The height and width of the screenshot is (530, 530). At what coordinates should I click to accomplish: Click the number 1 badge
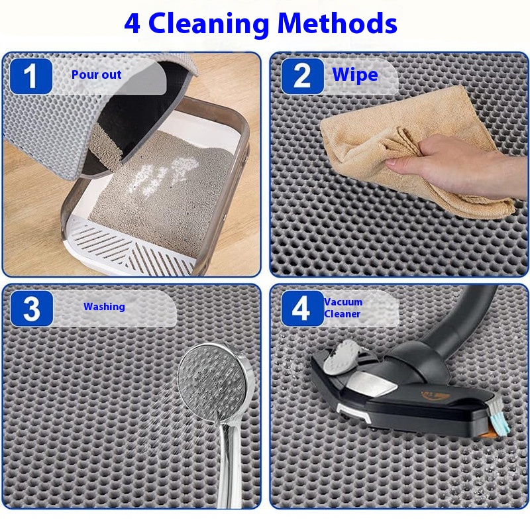click(x=30, y=76)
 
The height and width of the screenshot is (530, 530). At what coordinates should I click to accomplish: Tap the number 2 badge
click(x=302, y=76)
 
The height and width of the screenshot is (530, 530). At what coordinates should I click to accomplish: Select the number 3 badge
click(x=31, y=308)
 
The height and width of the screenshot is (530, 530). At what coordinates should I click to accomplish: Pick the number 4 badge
click(x=302, y=308)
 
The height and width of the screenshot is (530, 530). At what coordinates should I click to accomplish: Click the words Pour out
click(x=96, y=74)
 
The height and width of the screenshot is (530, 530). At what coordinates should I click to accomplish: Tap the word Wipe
click(x=355, y=75)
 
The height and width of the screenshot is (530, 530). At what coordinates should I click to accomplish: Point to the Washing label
click(x=104, y=307)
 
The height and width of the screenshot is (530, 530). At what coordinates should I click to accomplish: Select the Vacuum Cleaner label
click(x=343, y=307)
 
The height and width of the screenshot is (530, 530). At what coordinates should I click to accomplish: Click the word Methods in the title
click(x=337, y=23)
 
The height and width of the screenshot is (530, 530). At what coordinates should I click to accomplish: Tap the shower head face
click(x=213, y=383)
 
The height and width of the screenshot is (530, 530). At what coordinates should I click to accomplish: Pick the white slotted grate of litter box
click(x=129, y=245)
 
